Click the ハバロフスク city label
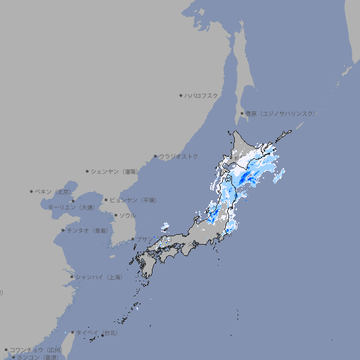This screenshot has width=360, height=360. (x=202, y=95)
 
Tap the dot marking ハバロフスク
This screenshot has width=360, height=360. (x=181, y=95)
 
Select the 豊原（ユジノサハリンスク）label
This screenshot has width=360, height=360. (x=280, y=113)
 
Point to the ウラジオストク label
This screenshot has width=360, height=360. (x=179, y=156)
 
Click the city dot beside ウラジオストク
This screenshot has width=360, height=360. (x=155, y=156)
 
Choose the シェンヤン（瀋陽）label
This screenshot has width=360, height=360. (x=114, y=171)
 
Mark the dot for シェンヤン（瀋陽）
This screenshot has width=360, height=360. (x=87, y=171)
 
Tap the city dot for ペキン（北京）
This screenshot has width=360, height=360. (x=32, y=191)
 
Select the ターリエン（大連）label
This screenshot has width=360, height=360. (x=71, y=208)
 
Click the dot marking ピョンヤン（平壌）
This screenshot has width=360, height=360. (x=106, y=200)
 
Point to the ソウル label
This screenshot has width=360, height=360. (x=127, y=215)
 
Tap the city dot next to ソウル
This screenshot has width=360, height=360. (x=115, y=215)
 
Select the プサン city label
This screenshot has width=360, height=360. (x=143, y=239)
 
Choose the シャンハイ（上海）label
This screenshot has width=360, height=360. (x=98, y=277)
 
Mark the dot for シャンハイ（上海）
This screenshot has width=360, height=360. (x=72, y=277)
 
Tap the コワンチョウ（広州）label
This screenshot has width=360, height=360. (x=36, y=349)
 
